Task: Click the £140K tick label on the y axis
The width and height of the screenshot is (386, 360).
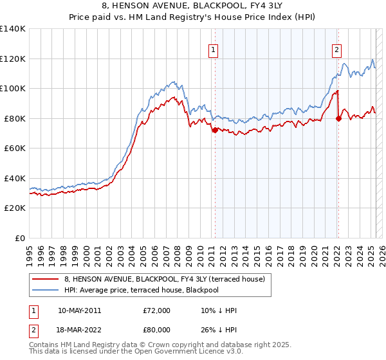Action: (13, 29)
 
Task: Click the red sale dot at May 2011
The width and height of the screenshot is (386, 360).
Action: (215, 130)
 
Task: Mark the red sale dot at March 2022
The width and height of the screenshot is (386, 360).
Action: (338, 118)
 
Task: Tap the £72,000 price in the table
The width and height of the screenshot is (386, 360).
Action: (157, 310)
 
